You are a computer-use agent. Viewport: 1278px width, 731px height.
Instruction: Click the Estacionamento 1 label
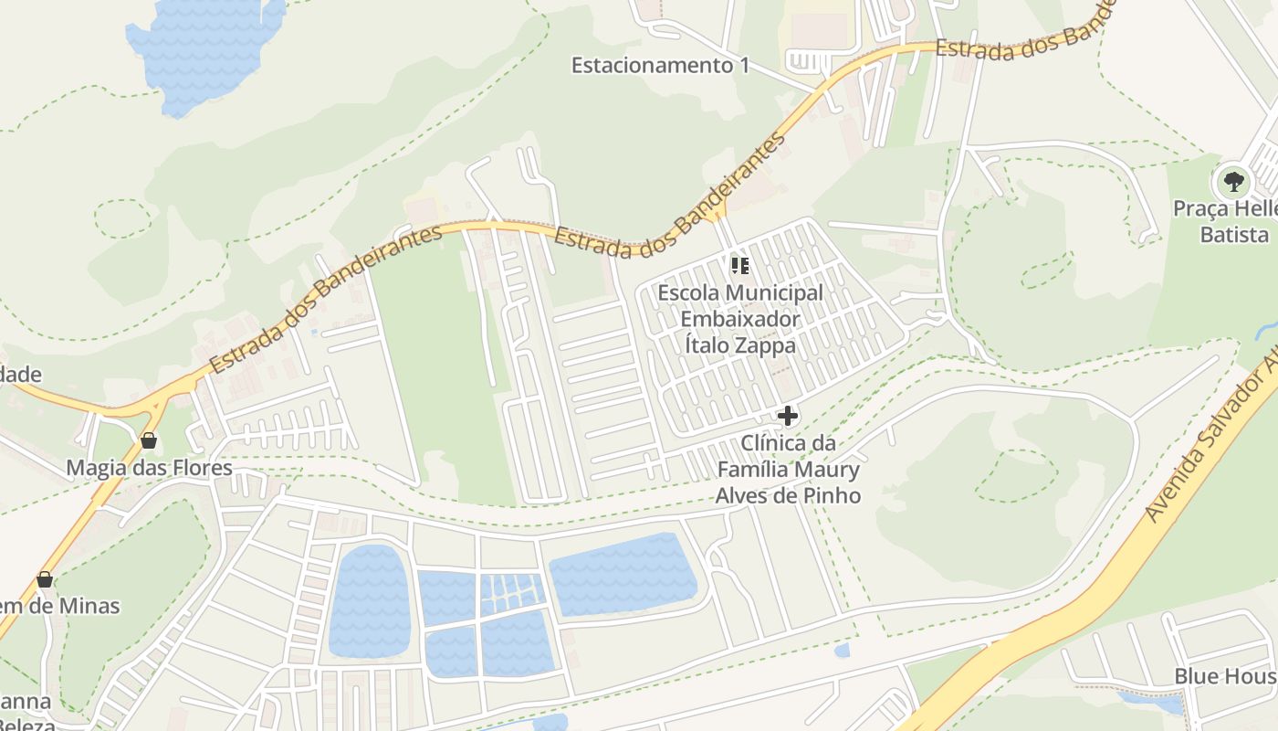point(660,66)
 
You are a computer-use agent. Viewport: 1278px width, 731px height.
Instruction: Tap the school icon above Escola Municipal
point(740,266)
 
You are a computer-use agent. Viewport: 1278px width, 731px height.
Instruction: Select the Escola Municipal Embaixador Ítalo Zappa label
point(739,319)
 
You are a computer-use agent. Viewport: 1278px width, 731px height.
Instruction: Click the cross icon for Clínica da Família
point(787,417)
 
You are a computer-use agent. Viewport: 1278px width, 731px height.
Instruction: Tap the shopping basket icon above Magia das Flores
point(149,440)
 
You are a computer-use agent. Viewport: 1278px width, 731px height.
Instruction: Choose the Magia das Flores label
point(149,469)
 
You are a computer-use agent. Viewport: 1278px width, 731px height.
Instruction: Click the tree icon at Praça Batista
point(1234,181)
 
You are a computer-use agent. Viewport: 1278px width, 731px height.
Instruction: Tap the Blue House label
point(1224,677)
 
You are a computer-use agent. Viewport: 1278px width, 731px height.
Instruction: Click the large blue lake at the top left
point(205,50)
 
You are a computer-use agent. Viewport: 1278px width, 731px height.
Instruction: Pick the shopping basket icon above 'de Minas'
point(45,579)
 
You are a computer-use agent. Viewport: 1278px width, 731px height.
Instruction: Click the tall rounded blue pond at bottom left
point(369,600)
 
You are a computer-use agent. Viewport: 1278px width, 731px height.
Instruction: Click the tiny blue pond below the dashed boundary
point(842,651)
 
